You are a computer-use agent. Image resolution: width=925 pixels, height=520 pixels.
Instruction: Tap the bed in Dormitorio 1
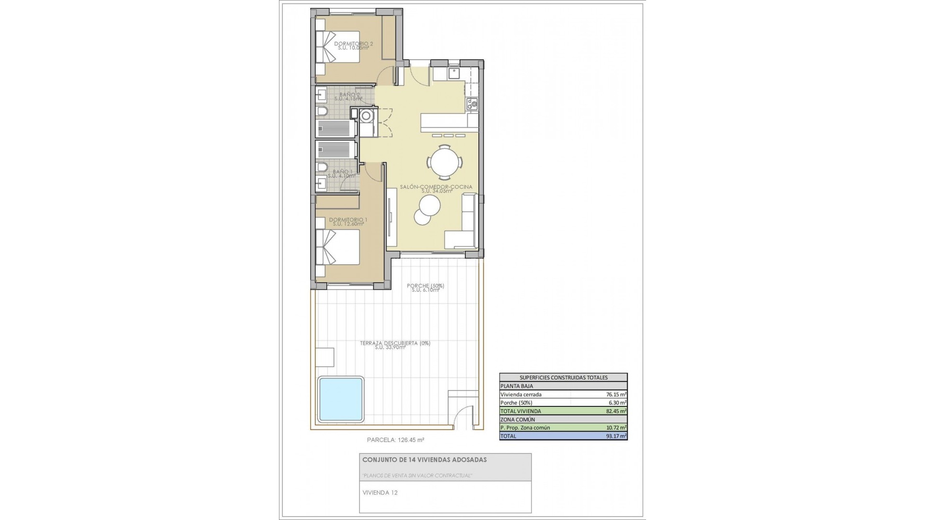338,247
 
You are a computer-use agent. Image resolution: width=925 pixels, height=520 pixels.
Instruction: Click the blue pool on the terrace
341,399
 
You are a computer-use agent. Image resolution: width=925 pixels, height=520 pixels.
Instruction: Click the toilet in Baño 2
322,112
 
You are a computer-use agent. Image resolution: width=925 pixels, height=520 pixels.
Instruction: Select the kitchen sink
454,73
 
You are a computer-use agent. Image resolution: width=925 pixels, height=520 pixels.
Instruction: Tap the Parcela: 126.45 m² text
396,440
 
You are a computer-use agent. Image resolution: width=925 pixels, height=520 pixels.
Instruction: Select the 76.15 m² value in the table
616,394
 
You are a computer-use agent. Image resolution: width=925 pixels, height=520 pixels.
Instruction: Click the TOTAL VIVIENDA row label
521,411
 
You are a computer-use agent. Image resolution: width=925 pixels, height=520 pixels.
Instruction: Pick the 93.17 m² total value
616,436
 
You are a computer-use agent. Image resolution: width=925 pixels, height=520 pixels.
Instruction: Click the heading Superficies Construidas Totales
563,377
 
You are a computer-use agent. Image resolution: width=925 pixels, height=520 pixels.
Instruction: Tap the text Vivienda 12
380,493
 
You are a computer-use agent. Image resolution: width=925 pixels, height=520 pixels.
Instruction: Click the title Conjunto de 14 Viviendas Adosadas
424,460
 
